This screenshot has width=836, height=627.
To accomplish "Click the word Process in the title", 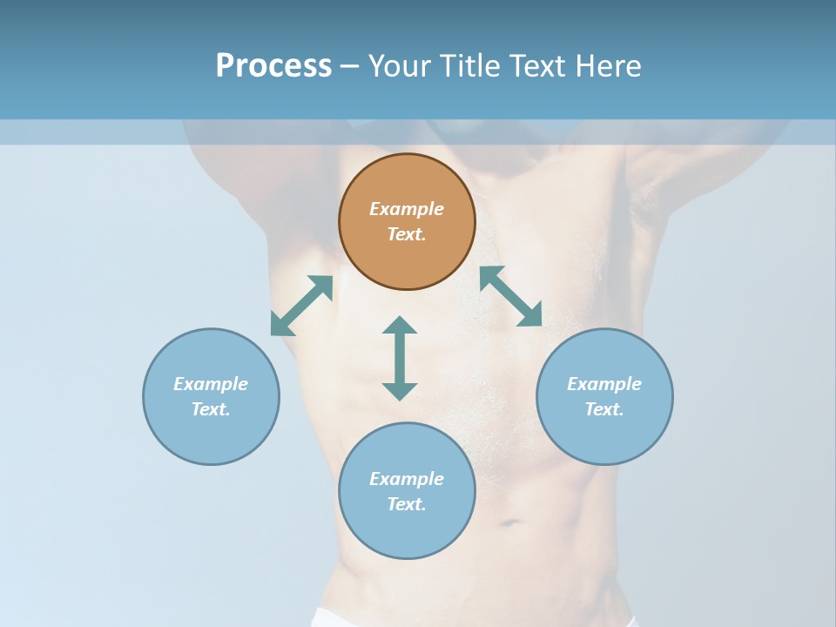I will click(x=273, y=66).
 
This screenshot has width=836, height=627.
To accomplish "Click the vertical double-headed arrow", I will click(x=400, y=358).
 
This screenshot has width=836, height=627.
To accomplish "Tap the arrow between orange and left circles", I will click(x=301, y=305).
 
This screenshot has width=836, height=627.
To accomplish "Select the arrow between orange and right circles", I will click(x=510, y=296).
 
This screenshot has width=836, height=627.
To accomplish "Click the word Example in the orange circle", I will click(x=407, y=209).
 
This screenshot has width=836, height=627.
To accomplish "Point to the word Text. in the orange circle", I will click(x=407, y=234).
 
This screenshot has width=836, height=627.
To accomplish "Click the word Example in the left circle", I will click(x=211, y=384).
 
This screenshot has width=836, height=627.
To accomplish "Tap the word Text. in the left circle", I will click(x=211, y=409).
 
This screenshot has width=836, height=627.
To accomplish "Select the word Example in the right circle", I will click(x=604, y=384).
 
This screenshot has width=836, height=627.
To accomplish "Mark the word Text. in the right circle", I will click(x=604, y=409).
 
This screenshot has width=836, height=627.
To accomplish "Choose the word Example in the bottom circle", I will click(x=407, y=479).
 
